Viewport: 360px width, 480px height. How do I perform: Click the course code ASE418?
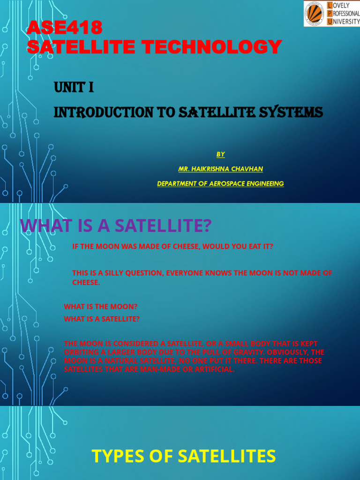click(64, 29)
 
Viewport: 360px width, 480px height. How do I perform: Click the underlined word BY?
click(221, 154)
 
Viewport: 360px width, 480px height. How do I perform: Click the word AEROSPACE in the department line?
click(223, 184)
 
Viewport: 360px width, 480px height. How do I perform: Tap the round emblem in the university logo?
click(315, 14)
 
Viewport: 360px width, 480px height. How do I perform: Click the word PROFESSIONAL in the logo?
click(343, 14)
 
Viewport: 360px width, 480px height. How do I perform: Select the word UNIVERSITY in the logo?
click(343, 22)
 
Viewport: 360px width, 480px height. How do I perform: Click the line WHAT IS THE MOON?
click(101, 307)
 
